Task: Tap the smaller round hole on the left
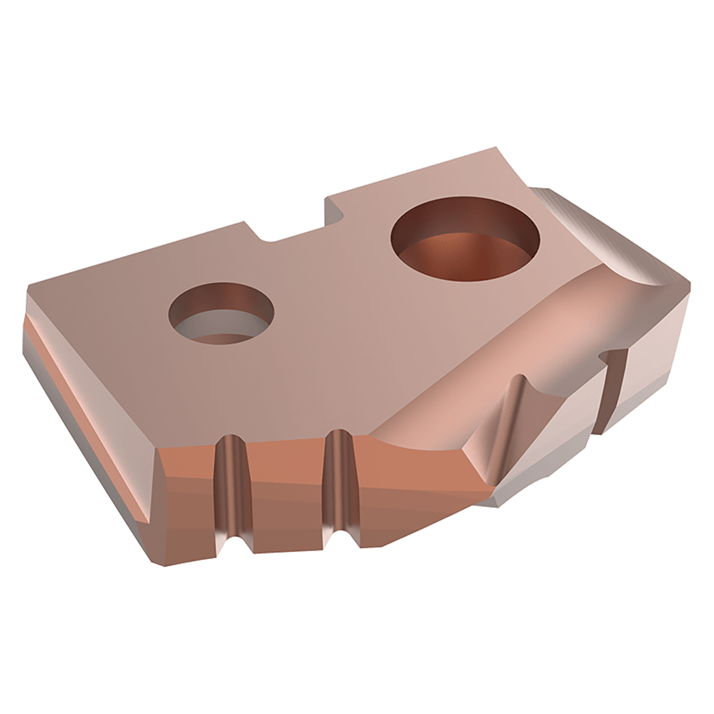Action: (223, 316)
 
